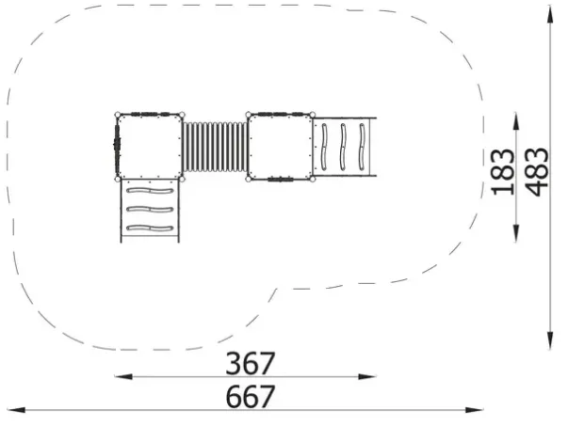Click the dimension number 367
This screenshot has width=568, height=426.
(x=250, y=363)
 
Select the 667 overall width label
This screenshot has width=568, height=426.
(x=250, y=396)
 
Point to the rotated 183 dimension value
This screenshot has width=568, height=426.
(x=503, y=171)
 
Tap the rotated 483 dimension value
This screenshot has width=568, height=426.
(x=537, y=171)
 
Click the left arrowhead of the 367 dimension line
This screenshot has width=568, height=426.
(x=123, y=377)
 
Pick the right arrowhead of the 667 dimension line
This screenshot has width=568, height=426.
(x=475, y=410)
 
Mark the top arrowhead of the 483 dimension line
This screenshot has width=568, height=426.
(x=550, y=15)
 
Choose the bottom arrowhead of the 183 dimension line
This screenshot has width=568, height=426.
(x=516, y=233)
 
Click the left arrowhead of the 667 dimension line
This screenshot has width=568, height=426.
(x=16, y=410)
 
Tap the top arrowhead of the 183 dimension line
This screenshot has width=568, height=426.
(x=516, y=121)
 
